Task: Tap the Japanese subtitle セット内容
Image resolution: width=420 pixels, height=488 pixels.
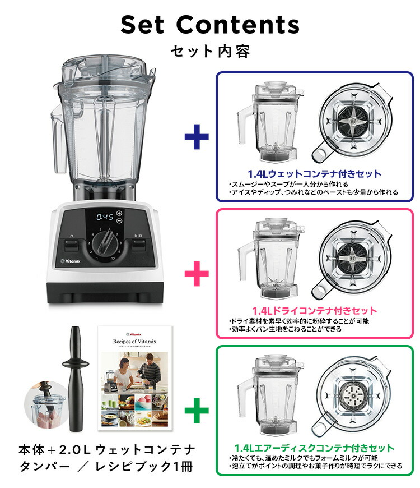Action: pos(210,52)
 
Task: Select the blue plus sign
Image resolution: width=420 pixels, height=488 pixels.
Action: pos(196,137)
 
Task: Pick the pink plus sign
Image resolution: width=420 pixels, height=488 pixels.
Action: pos(196,274)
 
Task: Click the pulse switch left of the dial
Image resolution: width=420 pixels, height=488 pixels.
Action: pos(72,245)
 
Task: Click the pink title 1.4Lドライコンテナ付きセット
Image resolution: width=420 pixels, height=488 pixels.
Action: pos(314,310)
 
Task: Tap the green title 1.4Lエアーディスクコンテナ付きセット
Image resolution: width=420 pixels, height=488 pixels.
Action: pos(315,448)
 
